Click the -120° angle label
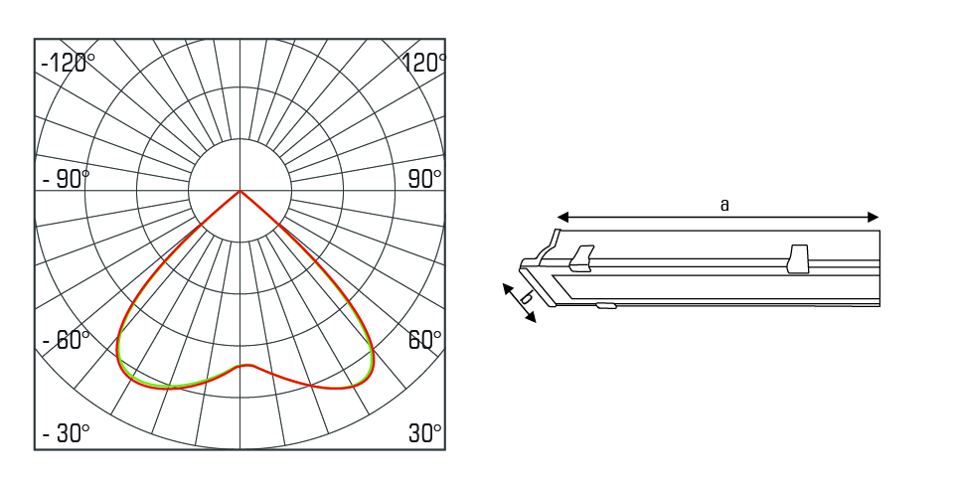tap(68, 63)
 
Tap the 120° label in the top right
tap(423, 63)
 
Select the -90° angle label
tap(66, 179)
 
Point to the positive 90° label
tap(424, 179)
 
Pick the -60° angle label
tap(66, 339)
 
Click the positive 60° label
tap(424, 339)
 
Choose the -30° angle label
tap(66, 433)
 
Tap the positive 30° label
tap(424, 433)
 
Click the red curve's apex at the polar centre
tap(240, 191)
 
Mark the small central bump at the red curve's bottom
tap(246, 366)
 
